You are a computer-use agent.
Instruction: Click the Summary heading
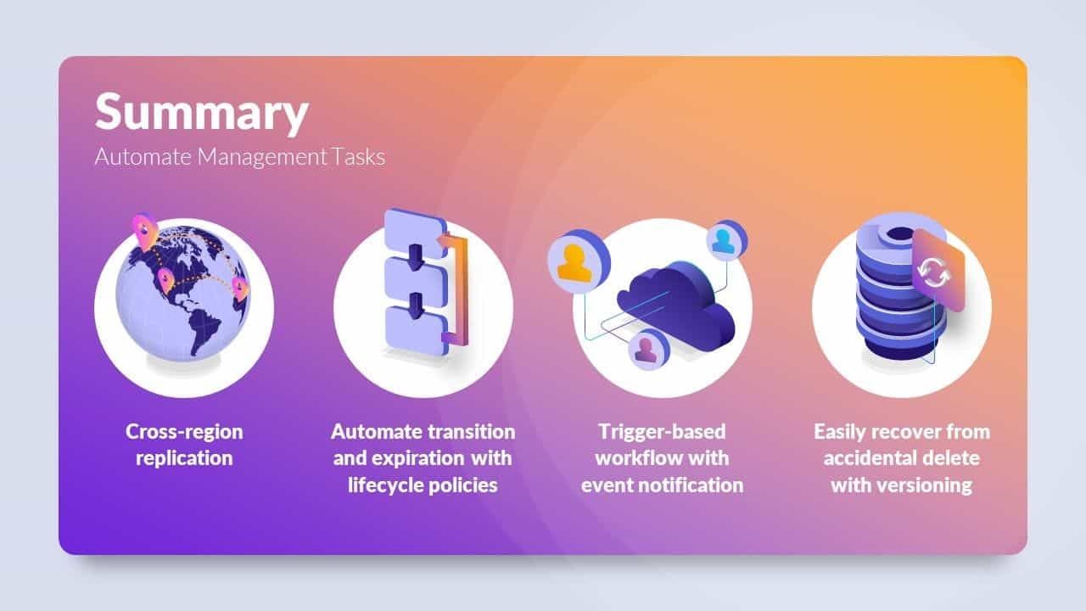point(202,113)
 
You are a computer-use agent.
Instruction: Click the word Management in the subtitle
point(262,157)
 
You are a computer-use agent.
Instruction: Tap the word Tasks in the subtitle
point(359,157)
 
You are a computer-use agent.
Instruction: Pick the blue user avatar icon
point(726,240)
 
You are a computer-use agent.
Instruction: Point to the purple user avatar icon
point(647,349)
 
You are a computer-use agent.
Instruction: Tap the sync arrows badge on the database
point(938,272)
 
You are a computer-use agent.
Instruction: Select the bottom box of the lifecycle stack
point(416,331)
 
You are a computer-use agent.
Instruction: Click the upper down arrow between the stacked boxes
point(416,257)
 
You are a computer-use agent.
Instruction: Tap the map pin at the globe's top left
point(144,232)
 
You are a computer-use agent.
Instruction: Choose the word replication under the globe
point(184,458)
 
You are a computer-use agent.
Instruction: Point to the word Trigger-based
point(663,432)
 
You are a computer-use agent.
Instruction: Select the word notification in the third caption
point(697,485)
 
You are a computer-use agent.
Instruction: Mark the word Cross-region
point(184,432)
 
